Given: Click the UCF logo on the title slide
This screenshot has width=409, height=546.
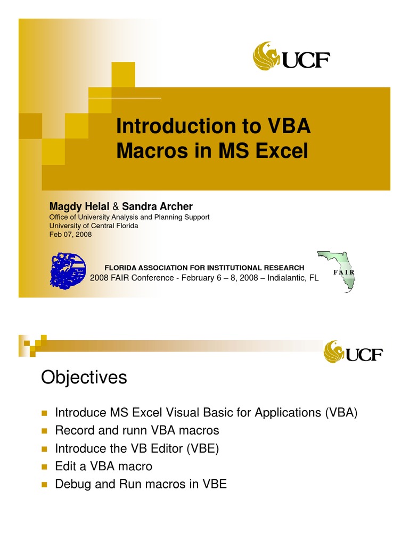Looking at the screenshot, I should coord(291,57).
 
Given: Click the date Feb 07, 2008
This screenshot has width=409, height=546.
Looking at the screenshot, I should coord(70,234).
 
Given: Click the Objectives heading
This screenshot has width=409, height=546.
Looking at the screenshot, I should coord(84,378).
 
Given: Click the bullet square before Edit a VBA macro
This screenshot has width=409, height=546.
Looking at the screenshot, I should coord(45,467).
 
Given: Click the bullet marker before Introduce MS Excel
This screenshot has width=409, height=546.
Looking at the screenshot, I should coord(45,413).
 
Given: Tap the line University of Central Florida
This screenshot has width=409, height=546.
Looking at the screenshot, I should coord(94,226).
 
